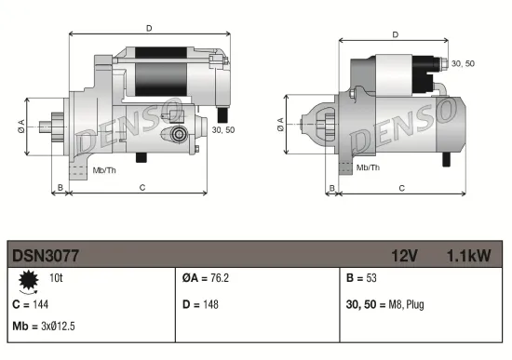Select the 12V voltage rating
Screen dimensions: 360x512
405,254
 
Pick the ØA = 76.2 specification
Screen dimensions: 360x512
206,278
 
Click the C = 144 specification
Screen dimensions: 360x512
30,303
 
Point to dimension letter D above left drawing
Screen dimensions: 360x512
149,28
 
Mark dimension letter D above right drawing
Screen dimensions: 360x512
395,35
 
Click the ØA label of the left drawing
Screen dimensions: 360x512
20,127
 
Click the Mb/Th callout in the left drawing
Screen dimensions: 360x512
103,171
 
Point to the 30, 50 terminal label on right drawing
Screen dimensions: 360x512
462,63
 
